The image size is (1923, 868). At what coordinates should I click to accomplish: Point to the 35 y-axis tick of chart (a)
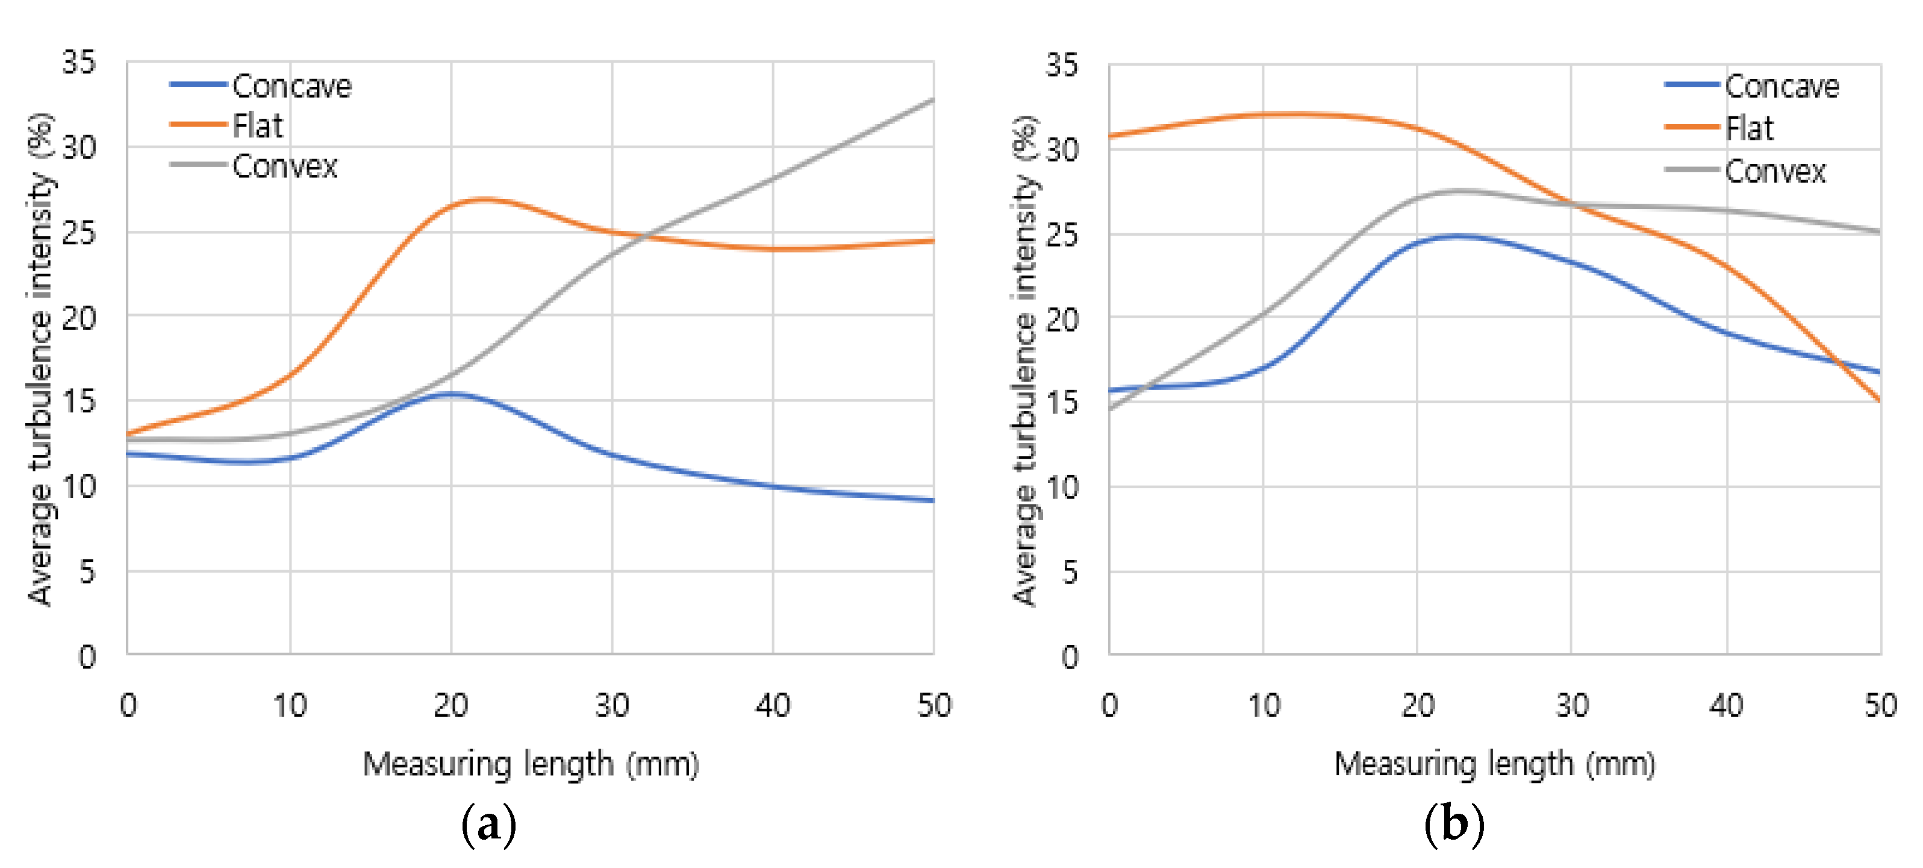click(x=79, y=62)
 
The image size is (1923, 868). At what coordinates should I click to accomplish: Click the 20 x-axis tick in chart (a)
click(x=451, y=705)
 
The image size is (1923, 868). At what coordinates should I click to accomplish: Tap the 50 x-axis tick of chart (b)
click(x=1880, y=705)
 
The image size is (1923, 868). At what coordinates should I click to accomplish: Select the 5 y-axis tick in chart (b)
click(x=1070, y=572)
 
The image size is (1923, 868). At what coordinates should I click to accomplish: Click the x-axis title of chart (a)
click(x=531, y=764)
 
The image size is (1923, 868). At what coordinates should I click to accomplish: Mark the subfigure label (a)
click(x=489, y=825)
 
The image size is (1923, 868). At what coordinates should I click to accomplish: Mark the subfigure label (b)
click(x=1453, y=825)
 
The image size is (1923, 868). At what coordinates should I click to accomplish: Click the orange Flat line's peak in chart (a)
click(x=484, y=199)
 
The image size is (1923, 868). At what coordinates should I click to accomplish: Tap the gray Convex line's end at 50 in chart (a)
click(x=932, y=99)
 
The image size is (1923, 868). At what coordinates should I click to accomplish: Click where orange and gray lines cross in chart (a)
click(x=643, y=236)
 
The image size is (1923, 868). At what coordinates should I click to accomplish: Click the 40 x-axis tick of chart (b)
click(x=1726, y=705)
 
